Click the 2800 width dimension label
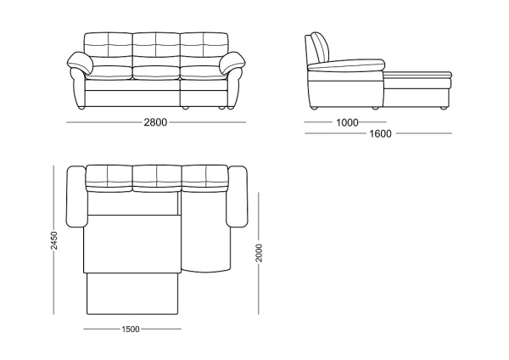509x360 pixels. click(x=155, y=122)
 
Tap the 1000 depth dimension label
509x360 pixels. click(x=347, y=123)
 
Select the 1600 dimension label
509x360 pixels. click(x=380, y=133)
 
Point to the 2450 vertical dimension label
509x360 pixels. click(x=54, y=240)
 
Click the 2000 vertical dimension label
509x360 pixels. click(x=259, y=253)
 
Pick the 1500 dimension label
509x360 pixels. click(x=131, y=329)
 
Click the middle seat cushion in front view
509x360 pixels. click(x=156, y=73)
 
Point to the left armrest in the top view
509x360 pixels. click(x=76, y=197)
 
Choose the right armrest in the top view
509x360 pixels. click(x=237, y=197)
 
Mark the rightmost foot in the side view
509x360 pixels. click(x=443, y=108)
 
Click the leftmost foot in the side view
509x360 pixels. click(x=314, y=108)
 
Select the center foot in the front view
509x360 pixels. click(x=185, y=108)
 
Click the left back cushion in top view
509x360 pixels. click(x=109, y=178)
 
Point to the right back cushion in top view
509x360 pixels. click(x=204, y=178)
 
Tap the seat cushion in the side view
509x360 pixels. click(x=346, y=65)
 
